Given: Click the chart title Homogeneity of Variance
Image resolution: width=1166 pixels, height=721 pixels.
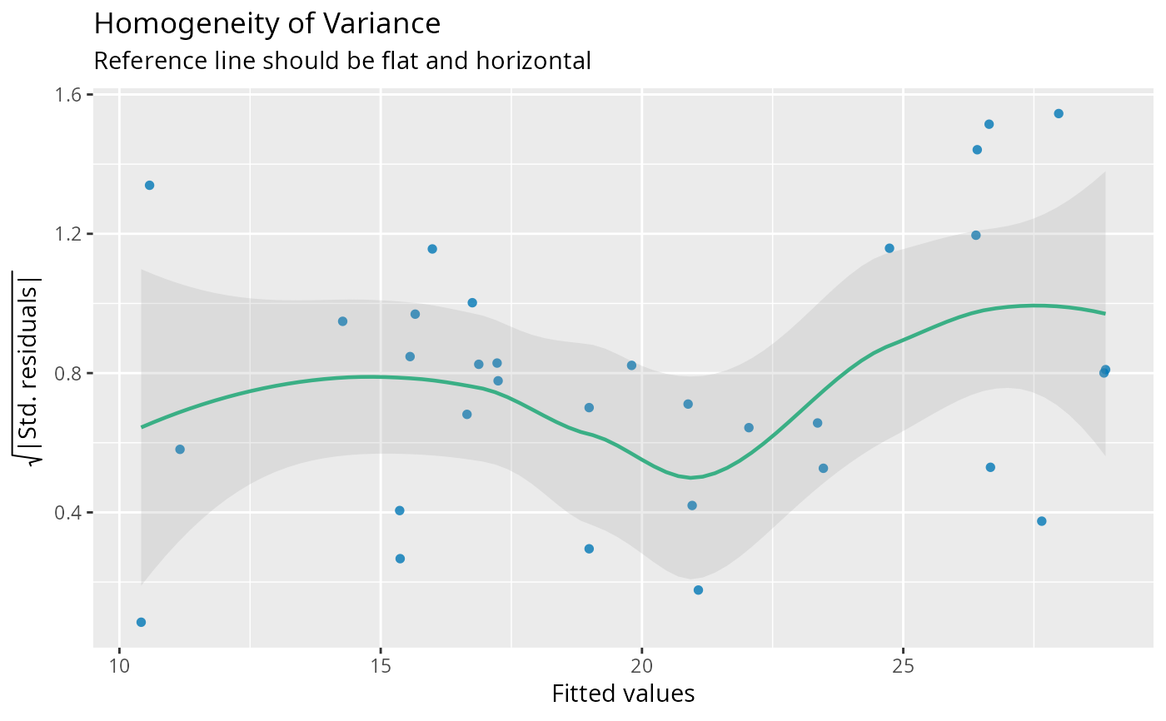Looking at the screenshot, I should [x=267, y=23].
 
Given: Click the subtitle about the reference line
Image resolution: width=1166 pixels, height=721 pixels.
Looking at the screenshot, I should [x=342, y=61].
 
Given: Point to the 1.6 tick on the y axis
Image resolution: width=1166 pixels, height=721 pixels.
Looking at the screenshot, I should [x=69, y=95].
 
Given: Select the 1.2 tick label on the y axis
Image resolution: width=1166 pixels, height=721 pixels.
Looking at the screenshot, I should [x=69, y=234].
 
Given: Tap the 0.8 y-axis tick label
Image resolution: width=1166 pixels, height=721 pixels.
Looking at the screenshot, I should [x=69, y=373].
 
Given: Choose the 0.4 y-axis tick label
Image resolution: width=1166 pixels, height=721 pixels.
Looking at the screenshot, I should [x=69, y=512].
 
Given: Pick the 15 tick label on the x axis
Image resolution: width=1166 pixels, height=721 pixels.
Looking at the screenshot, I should [x=381, y=666].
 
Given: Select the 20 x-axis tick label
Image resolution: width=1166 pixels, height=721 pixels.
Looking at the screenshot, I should [x=642, y=666].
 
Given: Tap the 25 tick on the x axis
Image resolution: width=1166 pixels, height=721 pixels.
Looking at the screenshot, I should [x=903, y=666].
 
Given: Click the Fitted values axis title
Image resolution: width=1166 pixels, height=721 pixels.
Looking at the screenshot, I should [x=623, y=694].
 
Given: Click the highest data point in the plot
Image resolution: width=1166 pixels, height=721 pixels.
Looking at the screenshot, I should [x=1059, y=113].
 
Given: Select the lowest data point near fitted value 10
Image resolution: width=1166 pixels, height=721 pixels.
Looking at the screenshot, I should [x=141, y=622].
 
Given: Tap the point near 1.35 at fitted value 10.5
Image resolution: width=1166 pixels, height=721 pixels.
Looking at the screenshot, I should [x=149, y=185].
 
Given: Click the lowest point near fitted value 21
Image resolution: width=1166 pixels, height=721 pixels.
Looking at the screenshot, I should [x=698, y=589].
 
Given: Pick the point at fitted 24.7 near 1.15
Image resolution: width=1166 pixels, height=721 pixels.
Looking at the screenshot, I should [x=889, y=248].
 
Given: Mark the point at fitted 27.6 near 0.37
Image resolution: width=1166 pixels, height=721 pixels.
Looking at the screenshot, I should [x=1041, y=521].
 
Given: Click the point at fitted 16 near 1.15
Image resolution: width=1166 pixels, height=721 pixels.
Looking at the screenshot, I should [x=432, y=249].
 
